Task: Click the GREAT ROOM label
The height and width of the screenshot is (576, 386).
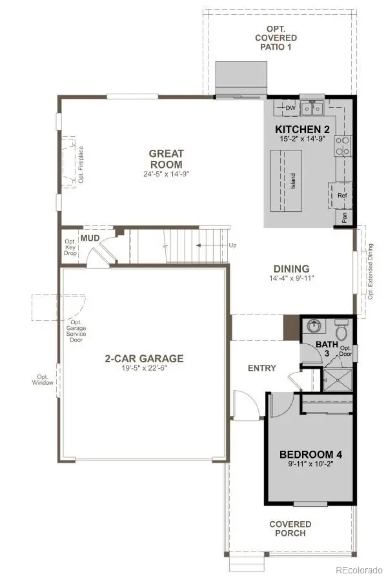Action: click(167, 158)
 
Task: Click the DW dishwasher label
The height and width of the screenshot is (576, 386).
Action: click(290, 108)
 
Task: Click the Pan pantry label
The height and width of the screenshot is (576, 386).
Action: click(345, 218)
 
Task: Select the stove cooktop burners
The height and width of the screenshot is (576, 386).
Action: click(342, 146)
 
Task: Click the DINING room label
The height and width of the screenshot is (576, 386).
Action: click(291, 269)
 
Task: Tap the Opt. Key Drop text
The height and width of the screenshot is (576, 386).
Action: click(70, 247)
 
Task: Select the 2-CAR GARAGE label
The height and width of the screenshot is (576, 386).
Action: click(145, 358)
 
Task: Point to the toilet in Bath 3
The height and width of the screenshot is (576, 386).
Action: click(341, 331)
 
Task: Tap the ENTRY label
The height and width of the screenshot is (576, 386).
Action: click(261, 368)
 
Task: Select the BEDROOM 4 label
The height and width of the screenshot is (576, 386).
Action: click(310, 454)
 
